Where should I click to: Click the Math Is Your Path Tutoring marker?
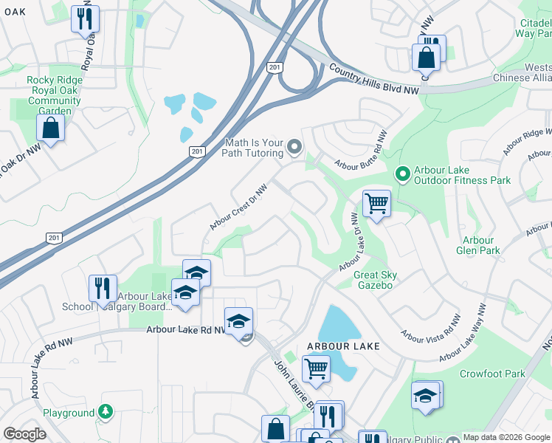(294, 147)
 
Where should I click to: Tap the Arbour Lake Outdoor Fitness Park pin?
(402, 174)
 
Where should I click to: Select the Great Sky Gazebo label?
(375, 281)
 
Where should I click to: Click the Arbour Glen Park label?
(478, 245)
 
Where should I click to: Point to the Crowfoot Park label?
(492, 374)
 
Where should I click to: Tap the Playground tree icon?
(106, 412)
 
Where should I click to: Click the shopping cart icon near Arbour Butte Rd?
(376, 203)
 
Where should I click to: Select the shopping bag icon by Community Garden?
(49, 128)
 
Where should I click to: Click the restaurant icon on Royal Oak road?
(85, 18)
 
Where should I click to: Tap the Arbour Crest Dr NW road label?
(237, 207)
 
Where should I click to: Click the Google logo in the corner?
(24, 434)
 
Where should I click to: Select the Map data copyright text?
(507, 437)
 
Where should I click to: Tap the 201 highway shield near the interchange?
(275, 68)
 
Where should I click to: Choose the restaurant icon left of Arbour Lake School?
(103, 289)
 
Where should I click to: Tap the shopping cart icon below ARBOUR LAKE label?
(316, 368)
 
